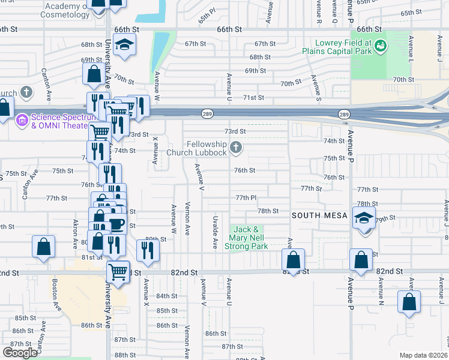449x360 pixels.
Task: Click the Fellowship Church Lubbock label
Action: pos(206,148)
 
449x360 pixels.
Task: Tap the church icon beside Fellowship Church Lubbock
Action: pos(237,147)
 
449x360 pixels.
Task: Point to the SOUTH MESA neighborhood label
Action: pos(319,214)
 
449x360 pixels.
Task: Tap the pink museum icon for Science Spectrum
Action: pos(22,121)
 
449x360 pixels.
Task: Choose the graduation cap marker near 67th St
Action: pos(125,45)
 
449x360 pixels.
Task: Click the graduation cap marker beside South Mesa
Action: pos(364,219)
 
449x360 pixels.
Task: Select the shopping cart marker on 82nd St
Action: pos(118,271)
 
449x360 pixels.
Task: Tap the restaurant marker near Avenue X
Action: pos(148,250)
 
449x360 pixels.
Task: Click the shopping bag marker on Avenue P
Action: pos(361,260)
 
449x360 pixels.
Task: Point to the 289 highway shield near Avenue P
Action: pos(343,114)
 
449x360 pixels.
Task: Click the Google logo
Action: pos(19,353)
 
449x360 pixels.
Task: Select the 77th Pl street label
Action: pos(246,197)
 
